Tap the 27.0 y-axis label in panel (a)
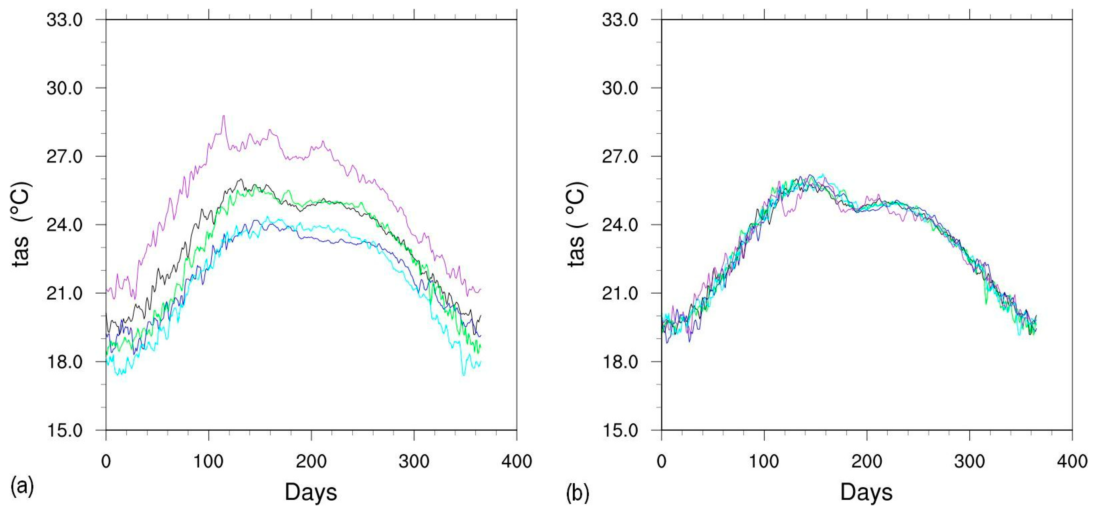(x=64, y=157)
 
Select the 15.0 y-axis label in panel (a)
(x=64, y=430)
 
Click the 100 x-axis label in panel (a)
(x=208, y=461)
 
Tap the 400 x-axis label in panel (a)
(x=516, y=461)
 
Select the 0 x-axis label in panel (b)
(x=662, y=461)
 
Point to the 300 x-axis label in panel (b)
(x=970, y=461)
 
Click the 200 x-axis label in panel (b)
(x=867, y=461)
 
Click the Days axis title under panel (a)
(x=311, y=492)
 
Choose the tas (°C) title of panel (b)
(x=577, y=224)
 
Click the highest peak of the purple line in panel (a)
(x=224, y=116)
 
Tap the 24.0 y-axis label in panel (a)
(x=64, y=225)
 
